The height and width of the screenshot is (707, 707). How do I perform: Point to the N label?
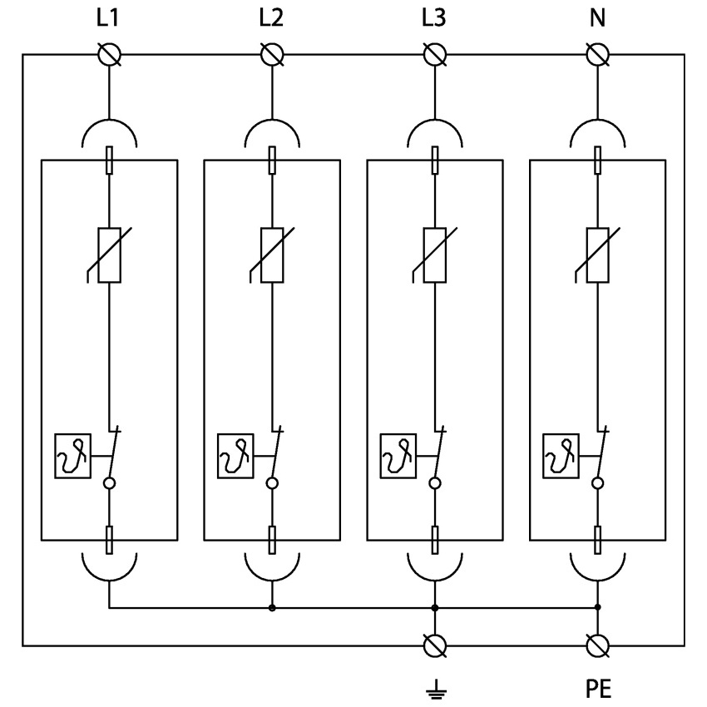point(597,19)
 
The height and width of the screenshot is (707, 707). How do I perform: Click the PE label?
point(597,690)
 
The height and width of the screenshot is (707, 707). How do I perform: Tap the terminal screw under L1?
point(110,55)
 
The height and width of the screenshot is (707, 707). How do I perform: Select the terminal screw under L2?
point(272,55)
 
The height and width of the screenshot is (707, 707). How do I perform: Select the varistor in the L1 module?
point(110,255)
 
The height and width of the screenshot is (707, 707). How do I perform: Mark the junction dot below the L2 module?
point(272,608)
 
